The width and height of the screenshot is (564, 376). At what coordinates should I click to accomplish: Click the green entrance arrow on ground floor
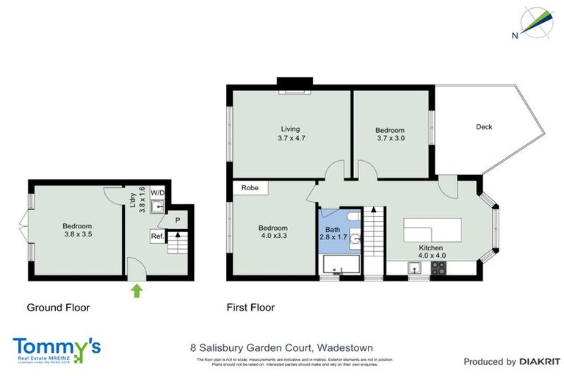pyautogui.click(x=137, y=291)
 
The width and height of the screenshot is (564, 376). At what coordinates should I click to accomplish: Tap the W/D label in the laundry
pyautogui.click(x=157, y=192)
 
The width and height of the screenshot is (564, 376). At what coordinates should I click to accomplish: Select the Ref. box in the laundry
pyautogui.click(x=157, y=236)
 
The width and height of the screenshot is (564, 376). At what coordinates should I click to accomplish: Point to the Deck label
pyautogui.click(x=484, y=127)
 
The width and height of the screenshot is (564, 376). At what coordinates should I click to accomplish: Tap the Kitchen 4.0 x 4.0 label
pyautogui.click(x=433, y=252)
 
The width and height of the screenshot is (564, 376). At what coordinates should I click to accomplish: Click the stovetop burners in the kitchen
pyautogui.click(x=438, y=268)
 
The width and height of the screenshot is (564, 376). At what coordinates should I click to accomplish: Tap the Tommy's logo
pyautogui.click(x=57, y=347)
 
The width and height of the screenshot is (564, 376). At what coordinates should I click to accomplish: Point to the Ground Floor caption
pyautogui.click(x=58, y=308)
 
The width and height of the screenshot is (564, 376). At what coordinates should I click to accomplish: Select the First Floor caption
pyautogui.click(x=250, y=308)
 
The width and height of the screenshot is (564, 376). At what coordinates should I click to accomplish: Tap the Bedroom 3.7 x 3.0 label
pyautogui.click(x=390, y=134)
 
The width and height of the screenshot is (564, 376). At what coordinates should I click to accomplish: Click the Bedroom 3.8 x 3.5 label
pyautogui.click(x=77, y=230)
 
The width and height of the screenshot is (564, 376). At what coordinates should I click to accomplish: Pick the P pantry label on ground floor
pyautogui.click(x=178, y=219)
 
